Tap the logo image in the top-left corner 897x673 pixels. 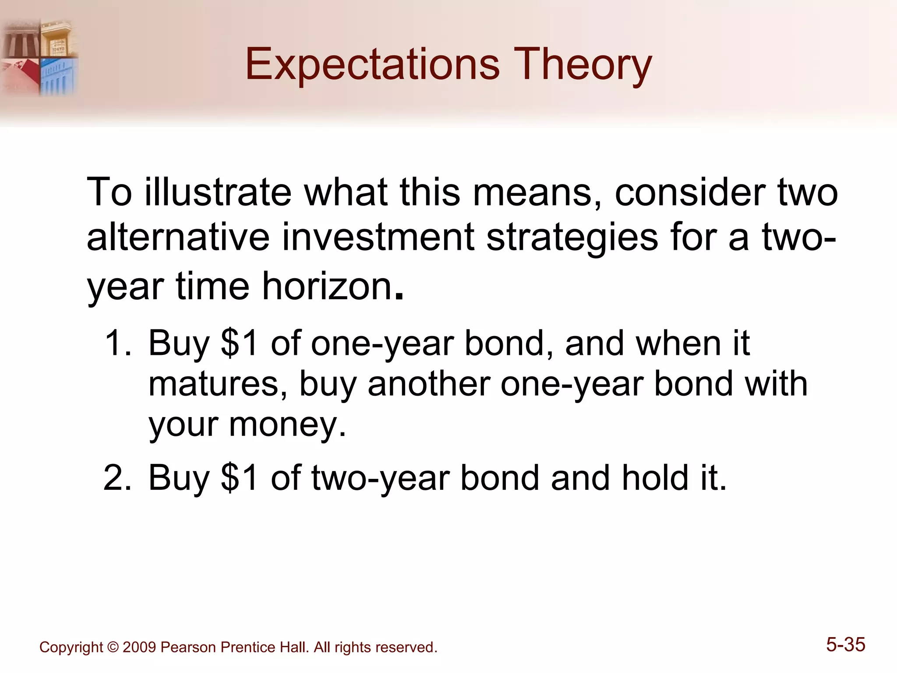[x=39, y=57]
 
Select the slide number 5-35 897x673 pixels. [x=845, y=645]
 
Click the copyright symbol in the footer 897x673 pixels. [x=113, y=648]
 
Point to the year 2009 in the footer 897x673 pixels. [x=139, y=648]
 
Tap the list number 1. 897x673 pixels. [x=117, y=343]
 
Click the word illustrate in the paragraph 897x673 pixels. [x=218, y=193]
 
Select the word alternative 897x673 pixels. [x=177, y=237]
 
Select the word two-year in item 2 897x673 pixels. [x=381, y=478]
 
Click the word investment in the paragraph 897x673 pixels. [x=378, y=237]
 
